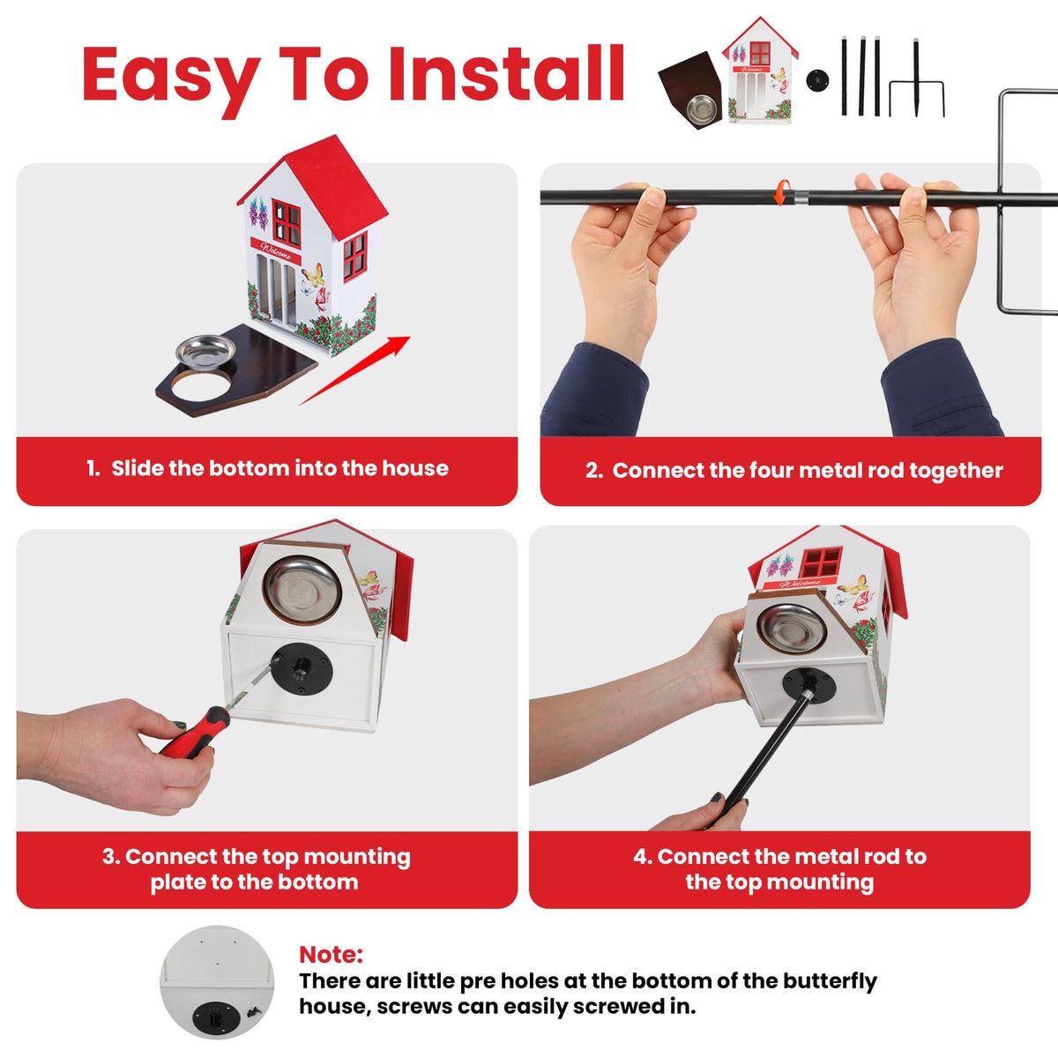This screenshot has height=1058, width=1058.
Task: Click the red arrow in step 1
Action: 354,370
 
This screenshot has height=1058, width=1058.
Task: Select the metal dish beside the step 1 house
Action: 205,351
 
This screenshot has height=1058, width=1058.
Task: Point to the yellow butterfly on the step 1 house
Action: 313,274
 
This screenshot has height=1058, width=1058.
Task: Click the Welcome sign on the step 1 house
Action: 276,251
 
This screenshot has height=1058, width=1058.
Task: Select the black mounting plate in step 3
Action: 302,669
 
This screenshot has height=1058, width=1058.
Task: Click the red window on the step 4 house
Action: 822,563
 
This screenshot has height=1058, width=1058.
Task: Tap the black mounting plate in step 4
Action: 809,685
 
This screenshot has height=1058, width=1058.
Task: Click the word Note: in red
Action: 332,954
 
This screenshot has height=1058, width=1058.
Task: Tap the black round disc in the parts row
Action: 817,80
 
